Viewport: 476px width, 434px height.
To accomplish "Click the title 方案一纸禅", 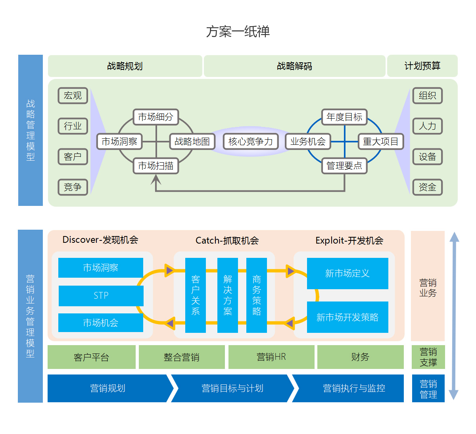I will click(238, 31).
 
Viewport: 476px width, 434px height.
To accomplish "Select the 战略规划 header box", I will click(125, 66).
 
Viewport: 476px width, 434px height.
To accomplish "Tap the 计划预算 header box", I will click(422, 66).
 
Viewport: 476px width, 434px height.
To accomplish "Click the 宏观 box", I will click(73, 96).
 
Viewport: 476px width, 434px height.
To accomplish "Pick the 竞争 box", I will click(73, 187).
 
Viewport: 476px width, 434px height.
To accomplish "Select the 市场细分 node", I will click(155, 117).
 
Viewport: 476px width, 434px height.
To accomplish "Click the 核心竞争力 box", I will click(251, 142).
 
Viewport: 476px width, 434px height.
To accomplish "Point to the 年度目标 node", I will click(344, 117).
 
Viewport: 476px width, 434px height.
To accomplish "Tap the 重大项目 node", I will click(381, 142).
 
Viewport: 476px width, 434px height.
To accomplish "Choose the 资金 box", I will click(427, 187).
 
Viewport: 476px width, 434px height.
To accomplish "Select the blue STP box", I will click(101, 296).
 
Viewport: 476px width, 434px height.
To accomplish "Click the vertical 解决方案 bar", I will click(228, 295).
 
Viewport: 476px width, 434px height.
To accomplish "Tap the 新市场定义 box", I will click(347, 273).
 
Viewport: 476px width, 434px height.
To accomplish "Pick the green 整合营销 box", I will click(182, 357).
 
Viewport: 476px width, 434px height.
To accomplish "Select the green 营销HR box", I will click(271, 357).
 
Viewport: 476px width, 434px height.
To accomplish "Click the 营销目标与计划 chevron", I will click(232, 388).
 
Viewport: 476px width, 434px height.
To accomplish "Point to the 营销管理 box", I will click(428, 389).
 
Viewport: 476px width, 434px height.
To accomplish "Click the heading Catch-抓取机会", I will click(227, 240).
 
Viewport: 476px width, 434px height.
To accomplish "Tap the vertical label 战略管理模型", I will click(31, 130).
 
